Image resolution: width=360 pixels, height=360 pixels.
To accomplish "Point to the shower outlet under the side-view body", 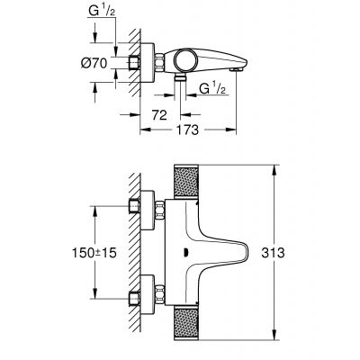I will [x=179, y=82].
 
